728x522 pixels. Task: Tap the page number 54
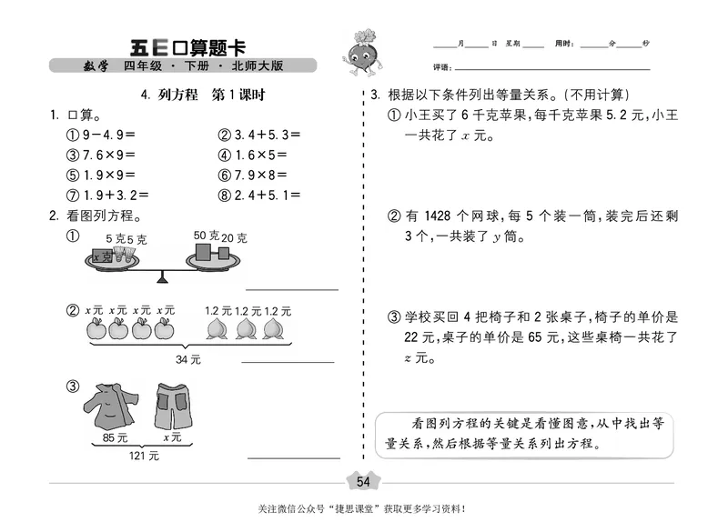(363, 481)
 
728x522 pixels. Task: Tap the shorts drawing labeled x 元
(168, 406)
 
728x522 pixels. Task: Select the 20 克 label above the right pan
(234, 238)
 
